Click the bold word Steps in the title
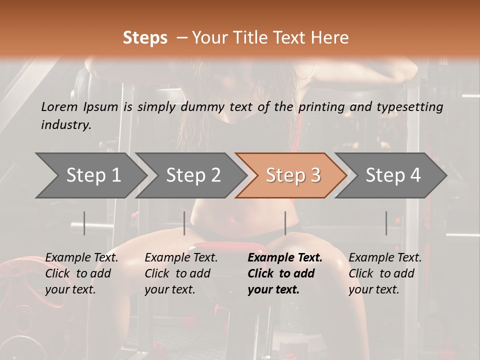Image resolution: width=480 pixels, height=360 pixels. tap(145, 37)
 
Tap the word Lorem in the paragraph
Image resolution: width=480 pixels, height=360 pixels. tap(59, 106)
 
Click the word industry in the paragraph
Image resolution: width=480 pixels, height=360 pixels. tap(65, 124)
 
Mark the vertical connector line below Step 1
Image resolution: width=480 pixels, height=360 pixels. tap(84, 223)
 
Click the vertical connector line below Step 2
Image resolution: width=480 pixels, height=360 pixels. tap(184, 223)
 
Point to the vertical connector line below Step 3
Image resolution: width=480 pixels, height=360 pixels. tap(285, 223)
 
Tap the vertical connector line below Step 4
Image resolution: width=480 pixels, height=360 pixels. tap(386, 223)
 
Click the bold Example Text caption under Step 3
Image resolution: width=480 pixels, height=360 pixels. tap(284, 273)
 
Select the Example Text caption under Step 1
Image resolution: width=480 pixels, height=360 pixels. tap(81, 273)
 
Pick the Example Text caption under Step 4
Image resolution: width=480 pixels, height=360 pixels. tap(385, 273)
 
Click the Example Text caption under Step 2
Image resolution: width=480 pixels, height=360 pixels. tap(181, 273)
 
